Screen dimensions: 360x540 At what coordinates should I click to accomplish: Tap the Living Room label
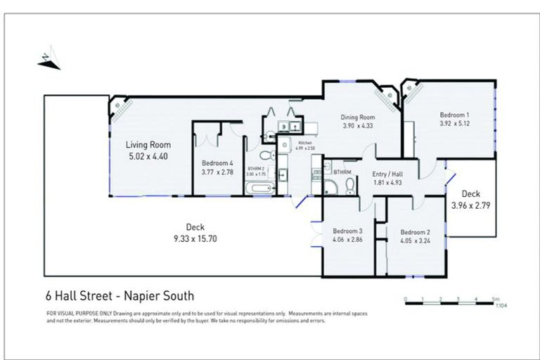[143, 145]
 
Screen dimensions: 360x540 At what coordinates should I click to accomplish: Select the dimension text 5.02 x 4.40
[143, 157]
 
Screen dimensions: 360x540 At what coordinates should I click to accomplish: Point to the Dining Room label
[359, 117]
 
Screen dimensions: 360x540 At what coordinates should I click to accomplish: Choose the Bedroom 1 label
[454, 115]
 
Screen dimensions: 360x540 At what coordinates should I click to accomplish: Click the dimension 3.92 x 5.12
[454, 124]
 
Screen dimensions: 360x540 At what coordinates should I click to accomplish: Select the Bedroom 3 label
[347, 231]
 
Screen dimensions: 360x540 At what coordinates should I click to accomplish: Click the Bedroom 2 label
[415, 232]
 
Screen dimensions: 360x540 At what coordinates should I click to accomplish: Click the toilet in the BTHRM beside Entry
[349, 186]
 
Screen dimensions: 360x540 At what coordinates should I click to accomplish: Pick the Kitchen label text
[304, 143]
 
